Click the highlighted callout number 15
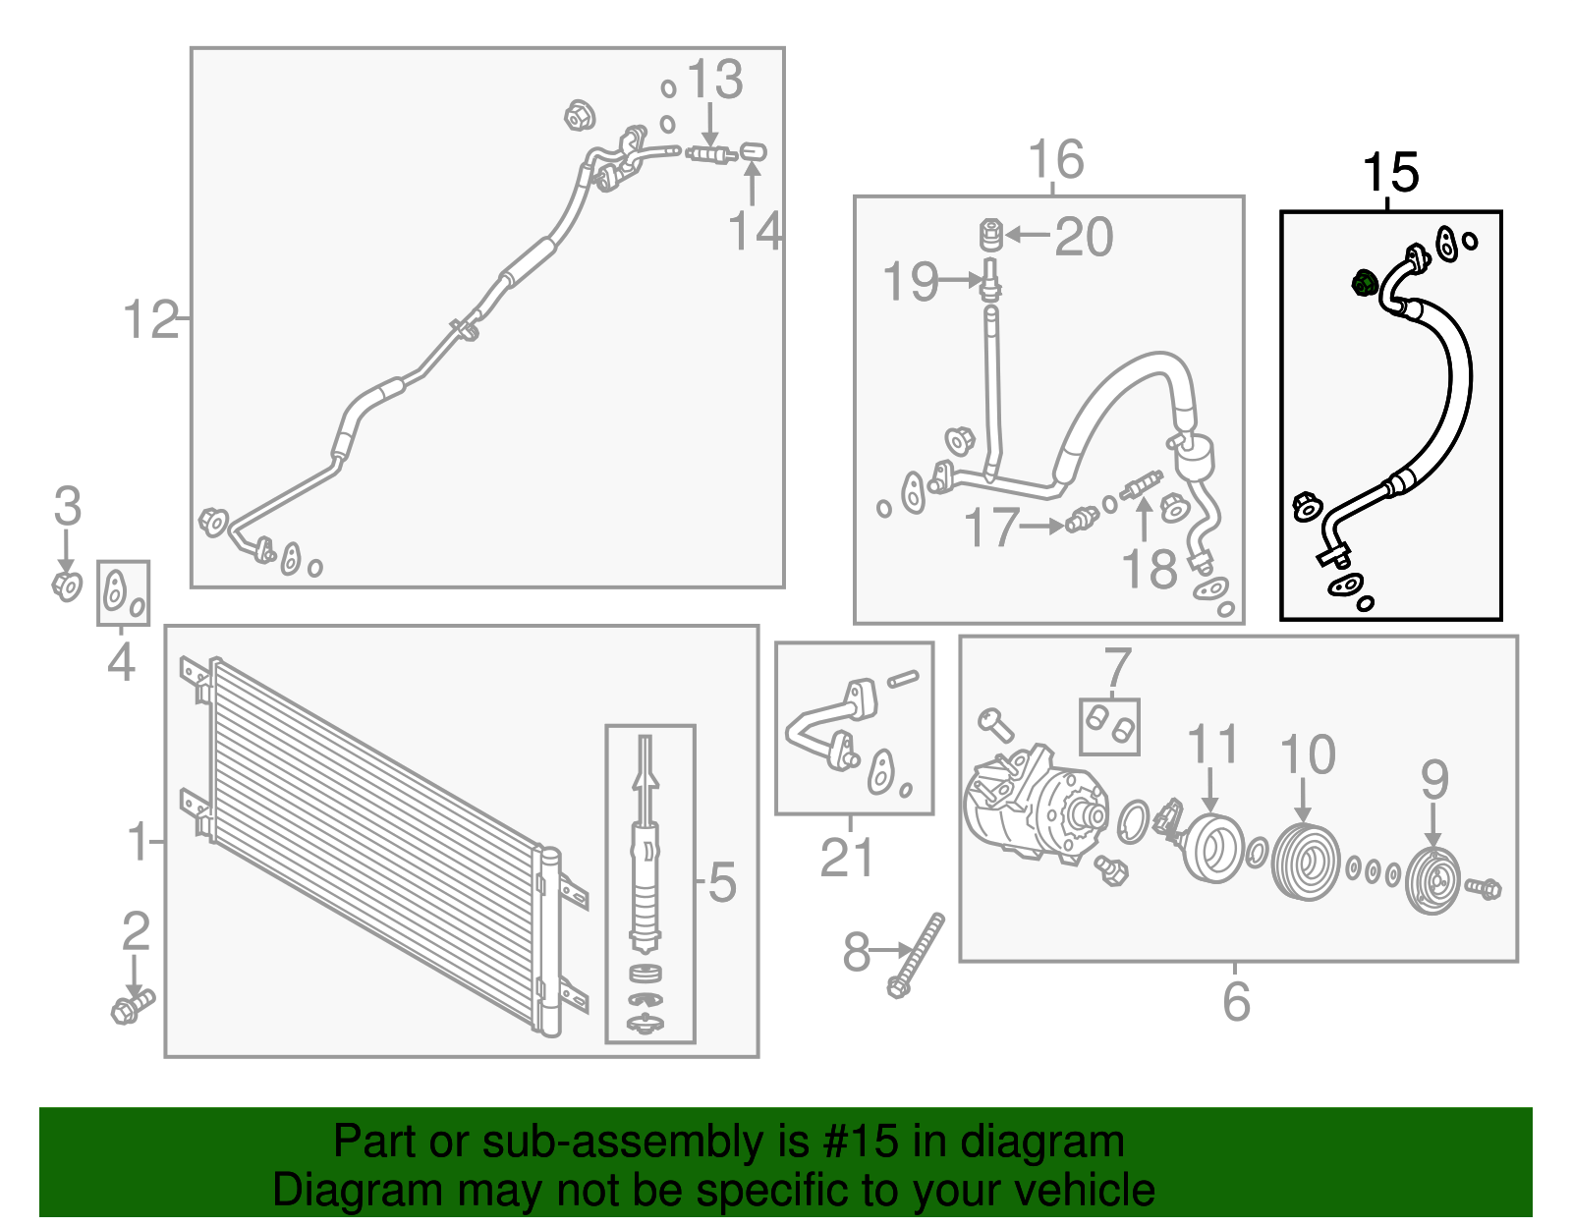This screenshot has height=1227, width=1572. coord(1389,174)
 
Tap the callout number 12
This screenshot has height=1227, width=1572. coord(150,319)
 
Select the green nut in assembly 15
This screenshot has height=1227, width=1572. coord(1364,282)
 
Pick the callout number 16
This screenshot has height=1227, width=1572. coord(1056,159)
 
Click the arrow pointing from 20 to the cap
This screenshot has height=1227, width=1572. coord(1028,235)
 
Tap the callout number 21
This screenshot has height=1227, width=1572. coord(847,858)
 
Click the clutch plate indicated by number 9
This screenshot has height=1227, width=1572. coord(1433,880)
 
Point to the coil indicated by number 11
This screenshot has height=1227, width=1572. coord(1216,848)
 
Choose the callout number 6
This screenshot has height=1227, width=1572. coord(1236,1001)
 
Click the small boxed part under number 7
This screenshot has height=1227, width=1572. coord(1109,727)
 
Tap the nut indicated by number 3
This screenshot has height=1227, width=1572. coord(67,586)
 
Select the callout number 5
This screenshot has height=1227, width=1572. coord(722,882)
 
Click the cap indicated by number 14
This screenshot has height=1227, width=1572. coord(754,152)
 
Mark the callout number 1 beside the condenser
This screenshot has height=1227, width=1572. coord(139,842)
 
